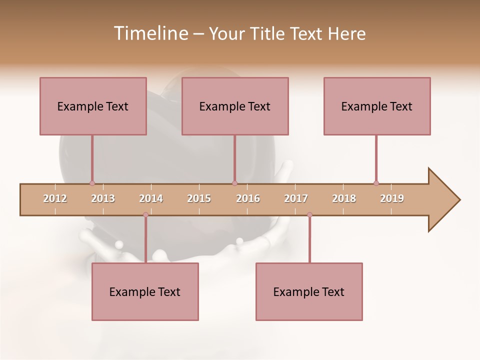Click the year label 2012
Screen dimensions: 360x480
click(x=55, y=198)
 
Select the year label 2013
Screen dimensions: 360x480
click(x=103, y=198)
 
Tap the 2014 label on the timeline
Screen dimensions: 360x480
click(x=151, y=198)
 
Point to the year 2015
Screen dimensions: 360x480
click(x=199, y=198)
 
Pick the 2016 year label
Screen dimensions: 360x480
click(x=248, y=198)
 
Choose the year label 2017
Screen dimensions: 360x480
click(x=296, y=198)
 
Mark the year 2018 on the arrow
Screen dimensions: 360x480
click(x=344, y=198)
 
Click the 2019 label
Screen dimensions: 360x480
click(x=392, y=198)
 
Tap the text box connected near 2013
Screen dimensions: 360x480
click(x=93, y=106)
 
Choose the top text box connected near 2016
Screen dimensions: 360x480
click(x=235, y=106)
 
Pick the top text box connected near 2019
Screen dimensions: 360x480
click(x=377, y=106)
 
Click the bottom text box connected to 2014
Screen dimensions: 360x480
click(x=145, y=291)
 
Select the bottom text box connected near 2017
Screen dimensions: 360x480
click(x=309, y=291)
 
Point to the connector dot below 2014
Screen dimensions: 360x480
click(x=145, y=214)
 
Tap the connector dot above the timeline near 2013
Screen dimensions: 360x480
click(x=92, y=183)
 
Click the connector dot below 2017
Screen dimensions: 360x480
click(x=309, y=214)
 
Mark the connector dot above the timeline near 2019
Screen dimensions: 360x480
click(x=376, y=183)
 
